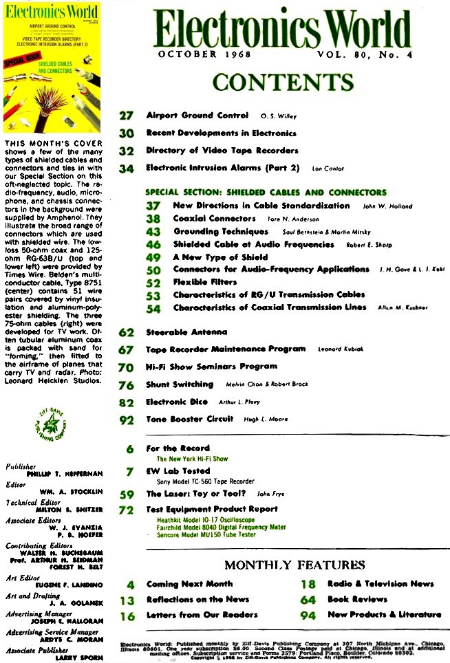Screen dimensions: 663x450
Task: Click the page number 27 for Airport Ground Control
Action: tap(126, 116)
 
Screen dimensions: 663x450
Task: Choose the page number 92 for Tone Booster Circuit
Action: tap(126, 420)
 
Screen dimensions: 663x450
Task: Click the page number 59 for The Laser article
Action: tap(126, 494)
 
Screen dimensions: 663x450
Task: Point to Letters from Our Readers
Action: tap(202, 614)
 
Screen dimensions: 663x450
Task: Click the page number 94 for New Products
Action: tap(308, 615)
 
